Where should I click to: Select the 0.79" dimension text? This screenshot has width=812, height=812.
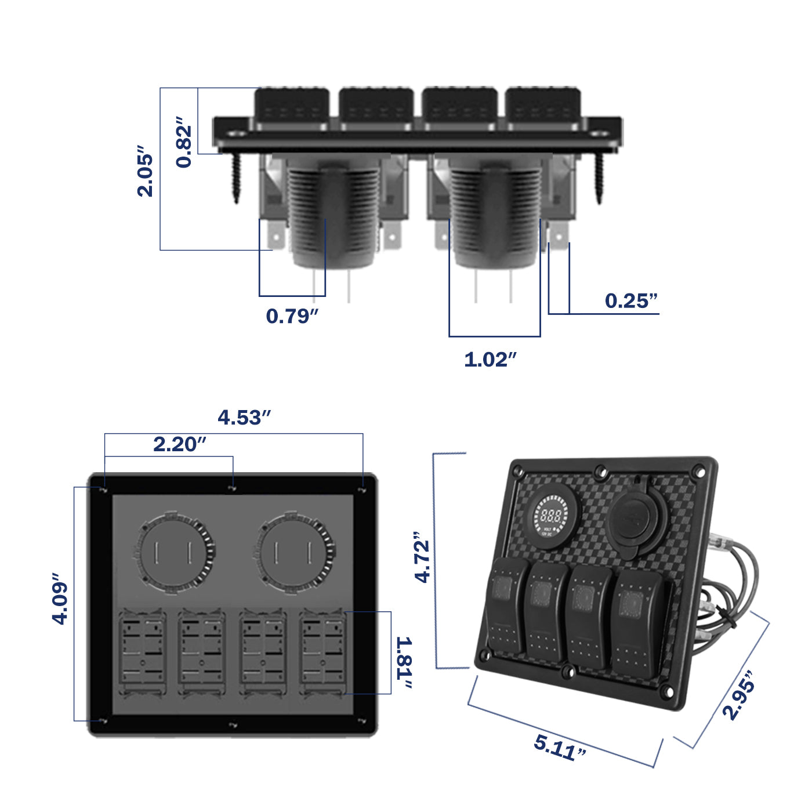pyautogui.click(x=292, y=316)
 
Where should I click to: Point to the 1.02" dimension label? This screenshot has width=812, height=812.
pyautogui.click(x=490, y=360)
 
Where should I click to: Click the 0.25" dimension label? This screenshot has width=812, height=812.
pyautogui.click(x=631, y=300)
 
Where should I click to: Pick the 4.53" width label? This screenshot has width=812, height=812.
pyautogui.click(x=244, y=418)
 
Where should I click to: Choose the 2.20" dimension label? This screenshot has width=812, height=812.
pyautogui.click(x=179, y=444)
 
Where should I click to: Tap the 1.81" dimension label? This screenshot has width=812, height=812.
pyautogui.click(x=405, y=663)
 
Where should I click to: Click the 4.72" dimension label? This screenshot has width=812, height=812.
pyautogui.click(x=422, y=556)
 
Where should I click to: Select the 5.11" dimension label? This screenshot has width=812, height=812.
pyautogui.click(x=560, y=747)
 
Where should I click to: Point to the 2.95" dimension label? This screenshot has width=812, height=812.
pyautogui.click(x=739, y=695)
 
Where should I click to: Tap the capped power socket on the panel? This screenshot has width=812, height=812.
pyautogui.click(x=632, y=518)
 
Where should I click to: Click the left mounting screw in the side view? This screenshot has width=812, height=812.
pyautogui.click(x=236, y=177)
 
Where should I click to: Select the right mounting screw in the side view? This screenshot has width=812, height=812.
pyautogui.click(x=600, y=177)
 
